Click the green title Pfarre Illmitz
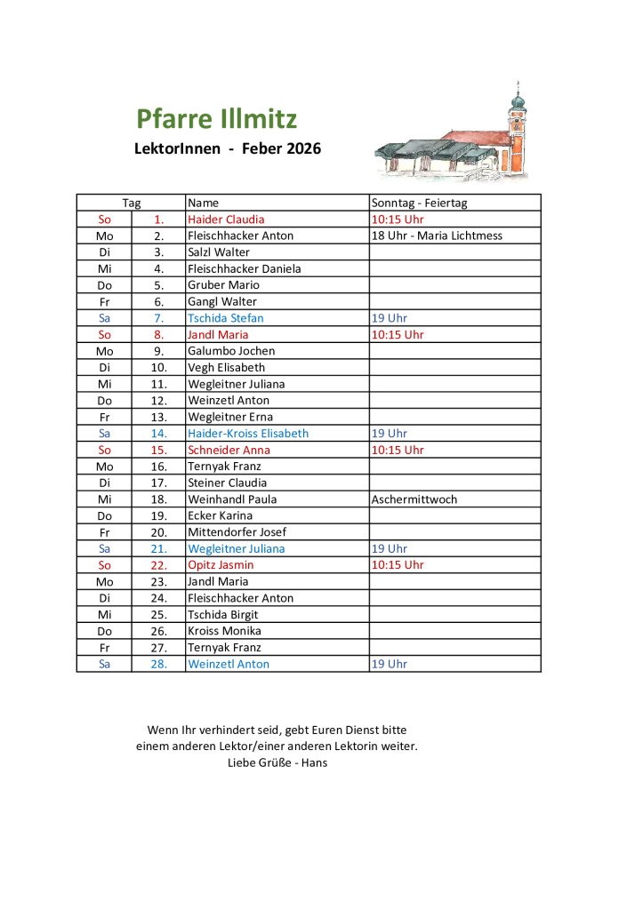(x=216, y=119)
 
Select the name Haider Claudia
(x=226, y=220)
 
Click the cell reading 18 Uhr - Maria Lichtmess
(x=437, y=235)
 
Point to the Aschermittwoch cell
(x=414, y=499)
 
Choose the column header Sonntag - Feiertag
(x=419, y=203)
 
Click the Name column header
(x=203, y=203)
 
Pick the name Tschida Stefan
(x=225, y=318)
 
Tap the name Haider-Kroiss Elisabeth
(x=248, y=434)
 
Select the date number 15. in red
(x=158, y=450)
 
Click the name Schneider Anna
(x=229, y=450)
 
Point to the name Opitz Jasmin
(x=221, y=565)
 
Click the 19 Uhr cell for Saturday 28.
(x=389, y=664)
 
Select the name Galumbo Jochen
(x=231, y=351)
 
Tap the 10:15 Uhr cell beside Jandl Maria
(x=398, y=335)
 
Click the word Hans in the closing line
(x=315, y=762)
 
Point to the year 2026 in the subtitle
(x=303, y=148)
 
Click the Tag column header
(x=131, y=203)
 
